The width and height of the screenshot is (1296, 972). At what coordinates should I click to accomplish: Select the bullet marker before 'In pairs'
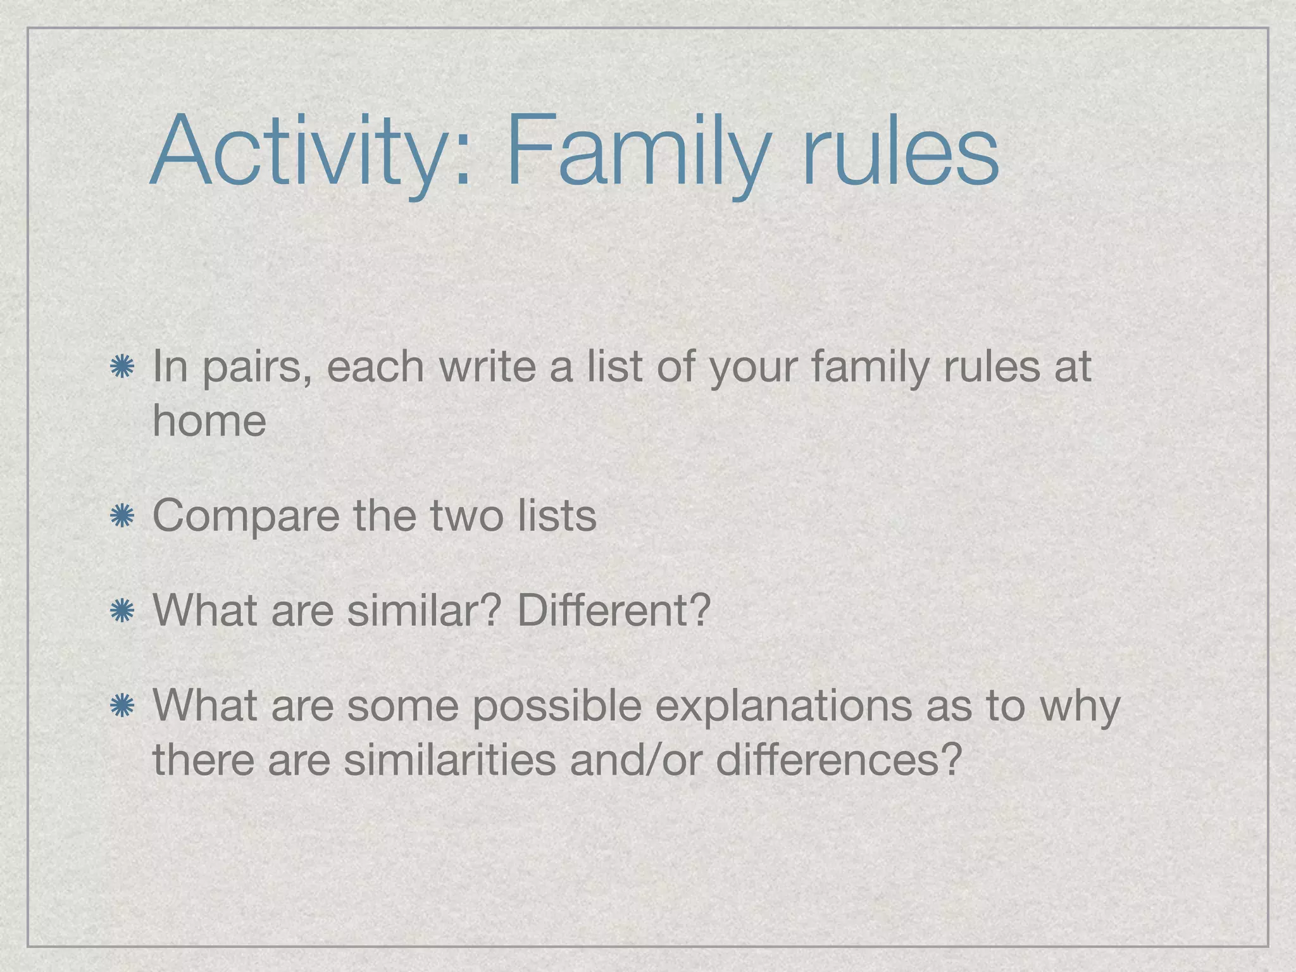121,368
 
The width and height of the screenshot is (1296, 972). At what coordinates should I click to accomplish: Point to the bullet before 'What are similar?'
121,611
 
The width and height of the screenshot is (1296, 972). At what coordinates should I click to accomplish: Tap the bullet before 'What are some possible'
121,706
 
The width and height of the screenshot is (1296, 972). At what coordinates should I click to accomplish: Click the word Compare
246,516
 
